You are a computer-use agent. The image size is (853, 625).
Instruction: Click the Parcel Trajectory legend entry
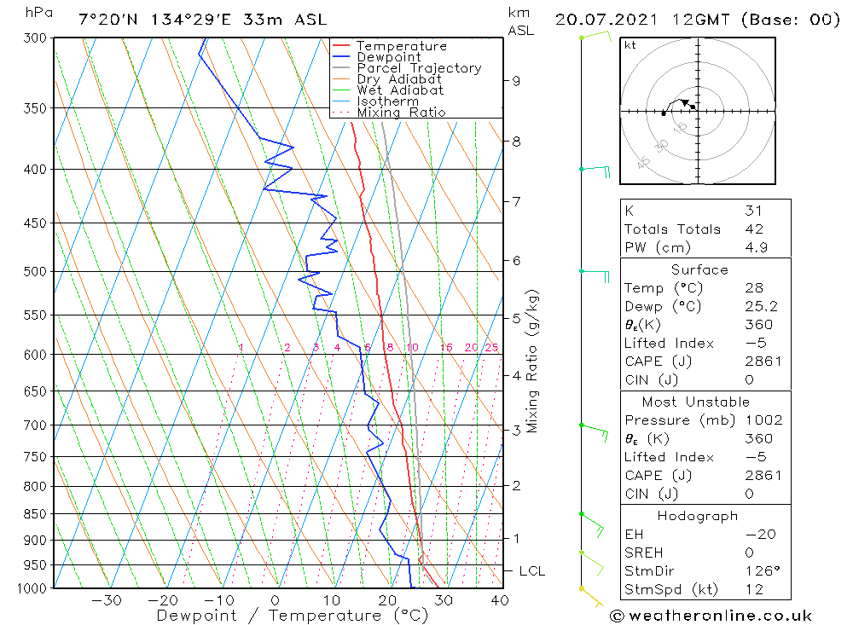(x=418, y=68)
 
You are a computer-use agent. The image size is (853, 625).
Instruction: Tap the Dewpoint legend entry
(x=388, y=57)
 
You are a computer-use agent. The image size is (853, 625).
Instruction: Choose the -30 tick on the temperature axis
(x=106, y=600)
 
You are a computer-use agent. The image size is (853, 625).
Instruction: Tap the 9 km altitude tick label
(x=516, y=81)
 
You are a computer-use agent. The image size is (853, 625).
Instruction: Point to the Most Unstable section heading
(x=696, y=402)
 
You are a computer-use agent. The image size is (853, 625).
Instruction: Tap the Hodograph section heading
(x=697, y=516)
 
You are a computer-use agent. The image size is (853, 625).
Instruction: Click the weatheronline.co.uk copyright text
(x=711, y=616)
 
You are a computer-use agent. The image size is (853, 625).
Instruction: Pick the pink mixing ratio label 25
(x=491, y=348)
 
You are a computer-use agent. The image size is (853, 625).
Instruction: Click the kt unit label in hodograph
(x=630, y=45)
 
